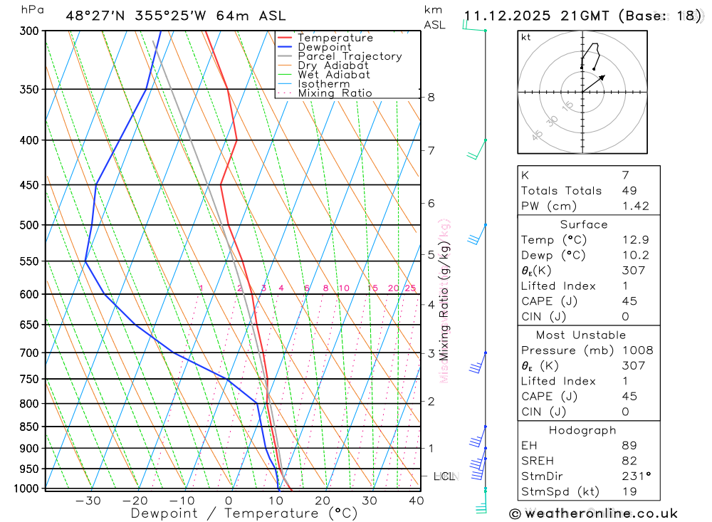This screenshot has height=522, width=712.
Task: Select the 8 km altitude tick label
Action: (431, 97)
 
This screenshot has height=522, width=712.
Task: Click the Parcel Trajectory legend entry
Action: (350, 56)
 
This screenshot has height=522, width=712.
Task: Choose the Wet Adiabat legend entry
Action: (334, 75)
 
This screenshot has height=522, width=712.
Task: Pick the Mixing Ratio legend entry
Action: (335, 93)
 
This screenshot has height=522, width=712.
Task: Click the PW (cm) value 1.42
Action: (635, 206)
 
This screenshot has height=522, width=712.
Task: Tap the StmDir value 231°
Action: (636, 476)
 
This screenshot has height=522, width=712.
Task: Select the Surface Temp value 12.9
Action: (635, 240)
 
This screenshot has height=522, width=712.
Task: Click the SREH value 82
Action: (629, 461)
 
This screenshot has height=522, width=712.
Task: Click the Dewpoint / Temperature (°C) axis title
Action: (244, 513)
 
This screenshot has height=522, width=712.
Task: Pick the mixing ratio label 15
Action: (372, 288)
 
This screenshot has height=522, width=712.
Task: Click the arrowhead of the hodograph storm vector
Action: (604, 75)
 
